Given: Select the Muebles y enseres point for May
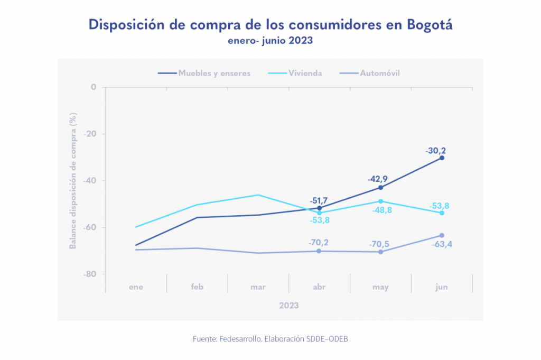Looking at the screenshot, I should [x=380, y=188].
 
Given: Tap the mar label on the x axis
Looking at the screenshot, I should [x=258, y=287].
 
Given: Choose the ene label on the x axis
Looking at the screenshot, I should [x=136, y=287].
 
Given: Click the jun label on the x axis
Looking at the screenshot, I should [x=442, y=287].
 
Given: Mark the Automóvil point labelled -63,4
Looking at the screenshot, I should [x=442, y=235].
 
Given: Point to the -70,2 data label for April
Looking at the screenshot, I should [x=319, y=243].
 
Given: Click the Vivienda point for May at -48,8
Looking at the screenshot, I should [x=380, y=201].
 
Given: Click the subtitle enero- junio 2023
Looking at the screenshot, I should [x=270, y=40].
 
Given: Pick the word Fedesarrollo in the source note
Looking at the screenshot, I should [x=242, y=339].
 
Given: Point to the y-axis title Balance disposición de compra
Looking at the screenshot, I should [x=74, y=180].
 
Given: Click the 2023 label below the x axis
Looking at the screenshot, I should [x=289, y=306].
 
